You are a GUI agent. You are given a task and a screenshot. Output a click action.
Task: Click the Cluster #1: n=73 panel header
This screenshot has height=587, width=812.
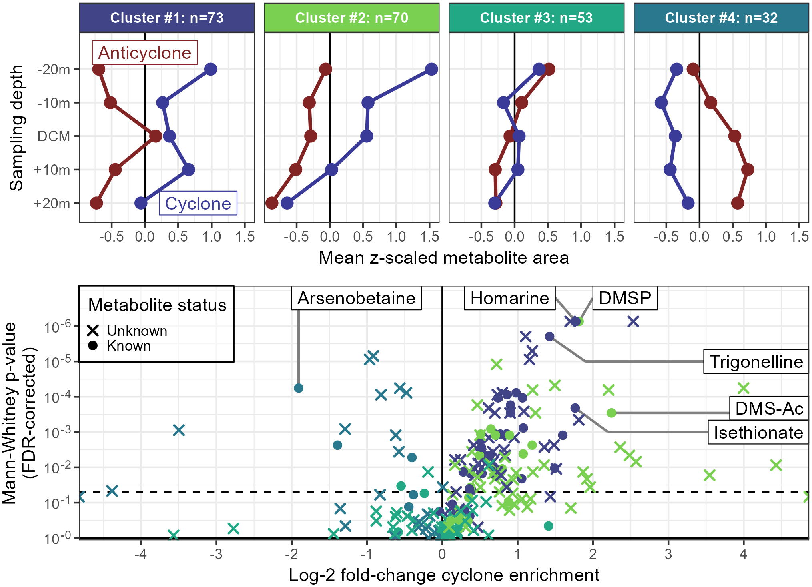[x=166, y=18]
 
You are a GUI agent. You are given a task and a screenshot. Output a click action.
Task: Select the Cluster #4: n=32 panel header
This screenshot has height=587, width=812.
[x=721, y=18]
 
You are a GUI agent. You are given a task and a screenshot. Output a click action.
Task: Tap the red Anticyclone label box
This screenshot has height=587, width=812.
[x=145, y=52]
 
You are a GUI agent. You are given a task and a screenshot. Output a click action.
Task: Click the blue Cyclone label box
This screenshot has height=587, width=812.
[x=198, y=204]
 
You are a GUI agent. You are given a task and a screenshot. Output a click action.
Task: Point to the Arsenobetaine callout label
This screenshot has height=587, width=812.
[x=356, y=298]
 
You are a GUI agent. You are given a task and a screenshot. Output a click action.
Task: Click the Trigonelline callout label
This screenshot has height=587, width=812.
[x=756, y=362]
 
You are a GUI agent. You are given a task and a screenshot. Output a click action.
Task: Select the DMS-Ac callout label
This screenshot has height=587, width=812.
[x=769, y=408]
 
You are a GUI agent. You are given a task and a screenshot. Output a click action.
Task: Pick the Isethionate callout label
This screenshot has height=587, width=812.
[x=758, y=433]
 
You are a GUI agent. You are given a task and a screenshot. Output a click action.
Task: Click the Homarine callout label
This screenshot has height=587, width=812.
[x=509, y=298]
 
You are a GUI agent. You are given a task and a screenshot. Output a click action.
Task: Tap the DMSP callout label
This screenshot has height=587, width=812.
[x=625, y=298]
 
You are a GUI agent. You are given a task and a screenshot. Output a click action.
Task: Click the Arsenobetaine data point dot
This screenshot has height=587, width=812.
[x=299, y=388]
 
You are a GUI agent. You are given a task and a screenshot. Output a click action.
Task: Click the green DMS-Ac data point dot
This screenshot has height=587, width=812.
[x=611, y=413]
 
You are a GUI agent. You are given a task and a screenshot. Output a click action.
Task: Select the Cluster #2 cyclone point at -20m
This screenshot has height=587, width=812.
[x=431, y=69]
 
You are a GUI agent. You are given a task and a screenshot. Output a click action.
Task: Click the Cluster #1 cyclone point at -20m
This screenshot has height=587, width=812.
[x=211, y=69]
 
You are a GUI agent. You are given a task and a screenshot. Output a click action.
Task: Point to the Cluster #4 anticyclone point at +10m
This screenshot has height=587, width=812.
[x=748, y=170]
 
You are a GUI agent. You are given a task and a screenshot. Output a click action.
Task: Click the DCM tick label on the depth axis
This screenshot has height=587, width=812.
[x=54, y=136]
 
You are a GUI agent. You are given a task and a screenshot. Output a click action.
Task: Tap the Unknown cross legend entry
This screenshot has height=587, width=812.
[x=127, y=331]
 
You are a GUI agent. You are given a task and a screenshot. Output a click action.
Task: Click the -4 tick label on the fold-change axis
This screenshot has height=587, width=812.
[x=140, y=554]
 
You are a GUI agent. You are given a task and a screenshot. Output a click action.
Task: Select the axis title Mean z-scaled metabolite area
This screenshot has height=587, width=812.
[x=443, y=258]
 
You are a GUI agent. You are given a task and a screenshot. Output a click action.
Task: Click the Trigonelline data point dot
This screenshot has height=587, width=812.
[x=550, y=337]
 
